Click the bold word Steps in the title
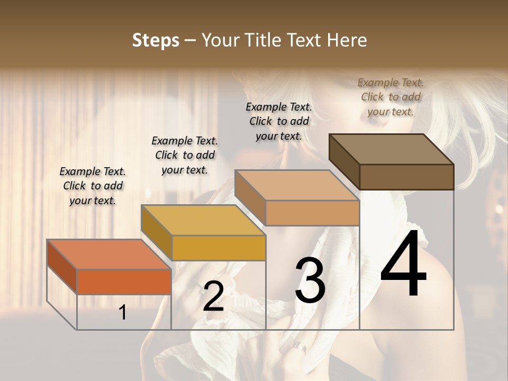[156, 40]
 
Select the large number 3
[310, 281]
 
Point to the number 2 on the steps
[213, 297]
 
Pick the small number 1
[123, 313]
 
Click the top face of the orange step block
[108, 255]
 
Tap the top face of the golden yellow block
[203, 220]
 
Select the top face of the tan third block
[297, 185]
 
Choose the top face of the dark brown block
[391, 149]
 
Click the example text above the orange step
[93, 186]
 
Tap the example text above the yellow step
[185, 155]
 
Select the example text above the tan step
[279, 121]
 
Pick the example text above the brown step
[391, 97]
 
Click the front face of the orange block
[124, 282]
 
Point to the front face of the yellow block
[218, 248]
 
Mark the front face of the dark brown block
[406, 177]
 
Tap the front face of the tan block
[312, 213]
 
